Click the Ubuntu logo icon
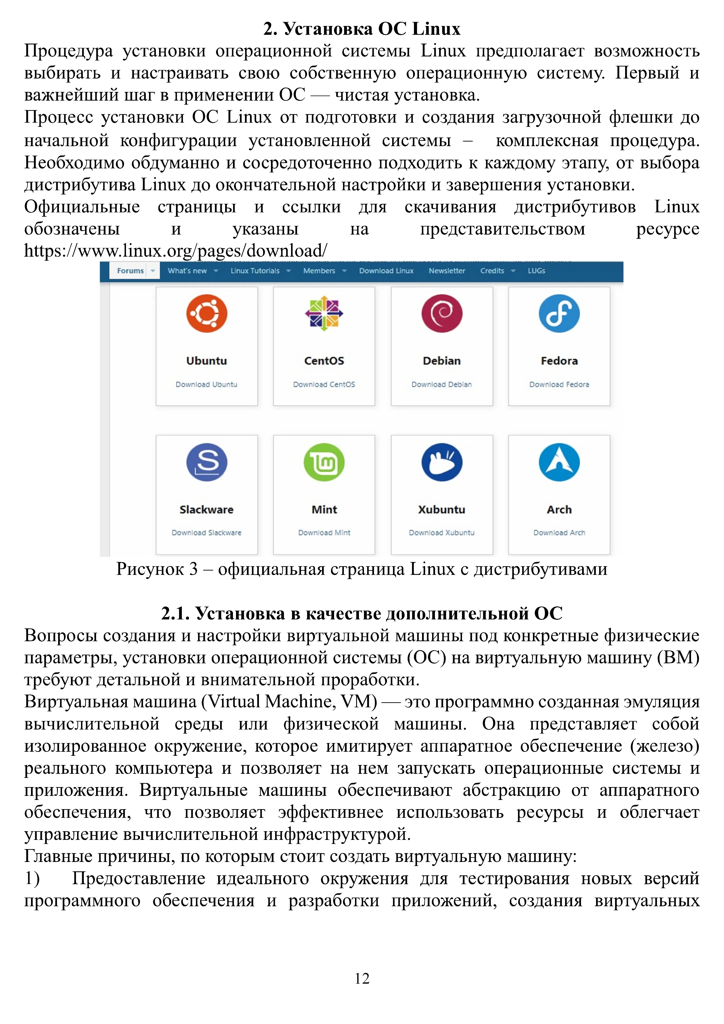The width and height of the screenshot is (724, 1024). coord(206,313)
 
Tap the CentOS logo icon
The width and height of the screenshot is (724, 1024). coord(324,313)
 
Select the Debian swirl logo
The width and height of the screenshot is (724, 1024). coord(442,313)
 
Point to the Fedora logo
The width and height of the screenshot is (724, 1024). coord(559,313)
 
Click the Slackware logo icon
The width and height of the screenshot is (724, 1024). coord(206,462)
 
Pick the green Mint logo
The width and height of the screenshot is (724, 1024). coord(324,462)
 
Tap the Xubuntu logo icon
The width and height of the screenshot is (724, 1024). coord(442,462)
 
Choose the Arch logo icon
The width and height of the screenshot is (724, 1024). coord(559,462)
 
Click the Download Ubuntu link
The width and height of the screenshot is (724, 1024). coord(206,384)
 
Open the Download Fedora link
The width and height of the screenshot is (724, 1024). coord(559,384)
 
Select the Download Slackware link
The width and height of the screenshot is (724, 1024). coord(206,533)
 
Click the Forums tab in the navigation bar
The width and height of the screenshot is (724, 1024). coord(130,271)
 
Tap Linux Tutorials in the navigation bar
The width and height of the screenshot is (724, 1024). coord(255,271)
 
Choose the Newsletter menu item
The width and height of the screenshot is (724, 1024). coord(447,271)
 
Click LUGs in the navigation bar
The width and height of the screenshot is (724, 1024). coord(536,271)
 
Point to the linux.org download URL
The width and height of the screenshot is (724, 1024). coord(176,251)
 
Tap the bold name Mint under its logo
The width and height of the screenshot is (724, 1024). coord(324,509)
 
